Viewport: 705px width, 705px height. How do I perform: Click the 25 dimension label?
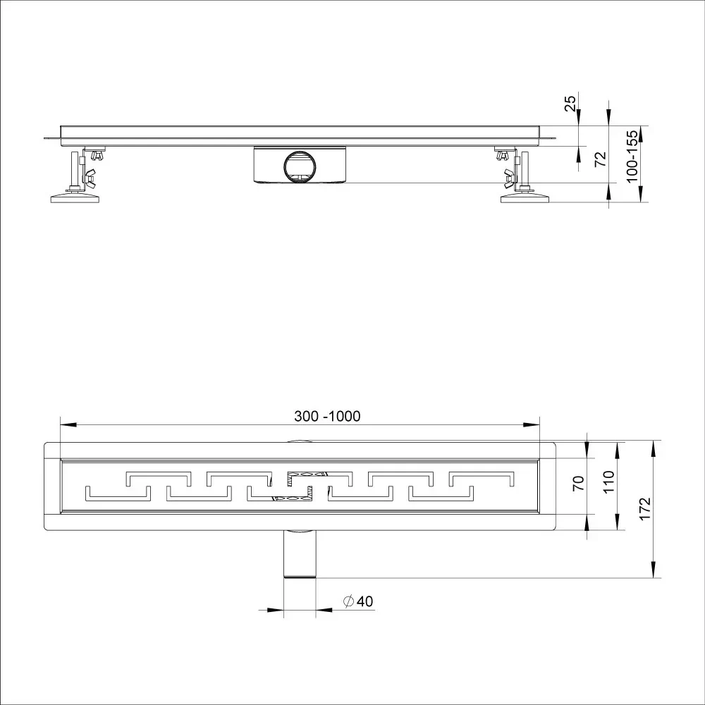[570, 104]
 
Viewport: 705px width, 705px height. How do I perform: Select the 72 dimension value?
[600, 159]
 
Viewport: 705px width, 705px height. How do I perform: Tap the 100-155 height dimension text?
[632, 156]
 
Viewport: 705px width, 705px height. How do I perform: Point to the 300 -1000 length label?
[327, 416]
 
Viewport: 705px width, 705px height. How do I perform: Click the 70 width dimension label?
[579, 483]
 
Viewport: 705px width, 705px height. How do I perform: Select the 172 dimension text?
[645, 508]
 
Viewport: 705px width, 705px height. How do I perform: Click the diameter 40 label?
[358, 601]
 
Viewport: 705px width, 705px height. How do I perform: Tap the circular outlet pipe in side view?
[300, 167]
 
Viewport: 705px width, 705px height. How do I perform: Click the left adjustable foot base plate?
[75, 198]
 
